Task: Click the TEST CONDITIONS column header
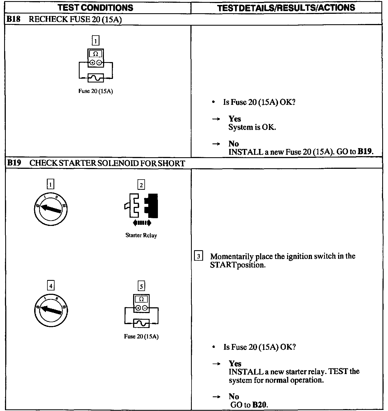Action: [x=96, y=7]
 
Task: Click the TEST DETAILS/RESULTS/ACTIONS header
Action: [x=286, y=8]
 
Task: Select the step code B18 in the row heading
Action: [x=13, y=19]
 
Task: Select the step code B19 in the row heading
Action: [x=14, y=163]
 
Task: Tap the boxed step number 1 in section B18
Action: [x=95, y=41]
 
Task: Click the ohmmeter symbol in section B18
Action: [x=96, y=58]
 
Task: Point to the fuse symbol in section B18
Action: [x=96, y=78]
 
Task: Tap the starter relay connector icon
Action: [x=141, y=206]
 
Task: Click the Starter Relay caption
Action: [x=141, y=235]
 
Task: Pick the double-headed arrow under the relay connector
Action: [x=142, y=223]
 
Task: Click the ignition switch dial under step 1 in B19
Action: [x=50, y=209]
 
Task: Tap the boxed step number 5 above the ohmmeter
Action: [x=141, y=286]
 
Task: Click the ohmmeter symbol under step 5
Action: [x=141, y=303]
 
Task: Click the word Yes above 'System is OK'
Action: [x=235, y=119]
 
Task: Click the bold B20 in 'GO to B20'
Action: [x=260, y=405]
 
